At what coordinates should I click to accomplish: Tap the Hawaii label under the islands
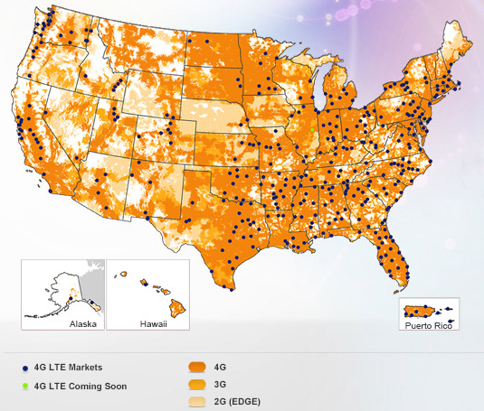[x=153, y=322]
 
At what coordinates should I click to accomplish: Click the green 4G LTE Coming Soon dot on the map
[x=312, y=130]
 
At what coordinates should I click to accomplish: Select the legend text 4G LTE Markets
[x=68, y=368]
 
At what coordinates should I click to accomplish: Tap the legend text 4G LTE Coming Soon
[x=80, y=386]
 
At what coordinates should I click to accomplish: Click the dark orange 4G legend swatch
[x=196, y=368]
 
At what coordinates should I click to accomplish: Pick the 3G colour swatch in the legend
[x=196, y=384]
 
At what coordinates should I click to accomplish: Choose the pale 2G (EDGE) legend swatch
[x=196, y=400]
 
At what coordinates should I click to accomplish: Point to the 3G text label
[x=221, y=384]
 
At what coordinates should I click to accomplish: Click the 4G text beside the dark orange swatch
[x=221, y=368]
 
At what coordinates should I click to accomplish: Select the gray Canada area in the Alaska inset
[x=93, y=276]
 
